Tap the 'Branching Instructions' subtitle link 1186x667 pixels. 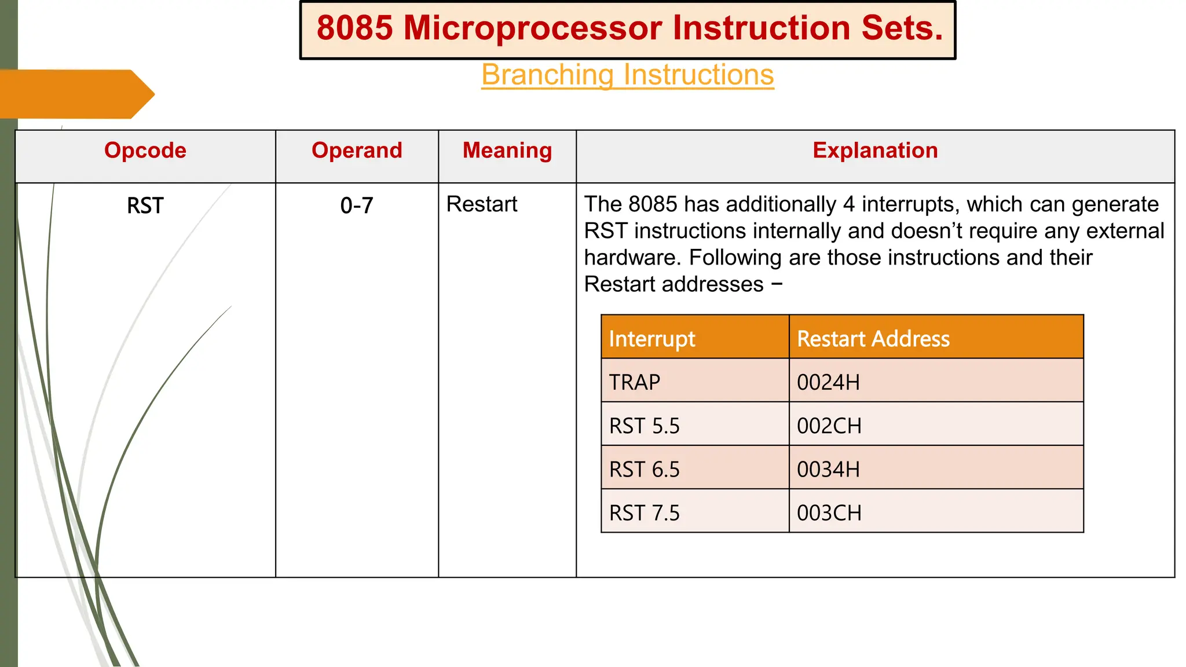pos(627,75)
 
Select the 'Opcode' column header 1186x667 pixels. pos(145,151)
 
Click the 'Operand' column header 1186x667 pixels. pos(357,151)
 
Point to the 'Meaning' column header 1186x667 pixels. pos(507,151)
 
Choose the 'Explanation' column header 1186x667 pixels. pos(875,151)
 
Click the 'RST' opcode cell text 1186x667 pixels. pos(145,206)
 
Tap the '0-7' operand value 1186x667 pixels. pos(357,206)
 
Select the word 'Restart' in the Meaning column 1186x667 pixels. pos(482,204)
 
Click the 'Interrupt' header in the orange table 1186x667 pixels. pos(652,339)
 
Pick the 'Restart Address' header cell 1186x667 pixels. pos(873,339)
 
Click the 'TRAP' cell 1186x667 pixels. pos(635,382)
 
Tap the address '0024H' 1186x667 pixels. pos(828,382)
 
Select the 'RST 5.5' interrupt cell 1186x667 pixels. pos(645,426)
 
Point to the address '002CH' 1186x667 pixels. pos(829,426)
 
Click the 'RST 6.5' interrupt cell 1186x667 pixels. pos(645,470)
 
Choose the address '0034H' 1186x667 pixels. pos(828,470)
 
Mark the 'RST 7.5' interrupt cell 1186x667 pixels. pos(645,513)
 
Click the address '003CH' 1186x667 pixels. pos(829,513)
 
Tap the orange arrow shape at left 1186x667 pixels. pos(75,94)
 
